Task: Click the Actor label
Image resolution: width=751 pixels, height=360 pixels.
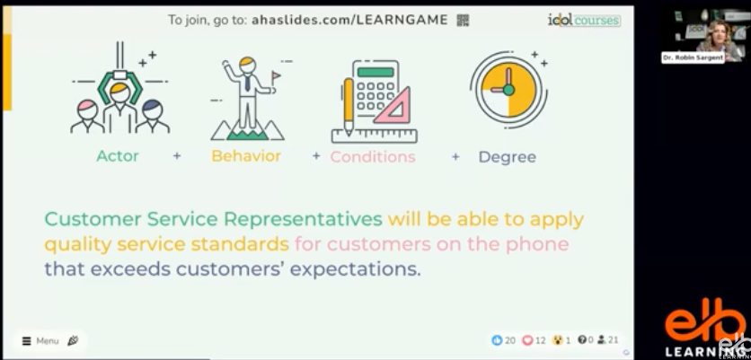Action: (x=118, y=156)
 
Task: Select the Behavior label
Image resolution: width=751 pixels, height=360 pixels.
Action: (x=246, y=156)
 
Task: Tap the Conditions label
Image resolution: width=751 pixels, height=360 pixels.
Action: (x=373, y=157)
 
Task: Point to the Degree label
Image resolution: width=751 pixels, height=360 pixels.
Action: (x=507, y=157)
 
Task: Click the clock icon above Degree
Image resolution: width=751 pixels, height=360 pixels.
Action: (x=508, y=90)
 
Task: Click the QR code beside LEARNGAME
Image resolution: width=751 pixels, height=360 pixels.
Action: (x=463, y=20)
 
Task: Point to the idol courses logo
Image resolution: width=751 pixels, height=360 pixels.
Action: (x=583, y=20)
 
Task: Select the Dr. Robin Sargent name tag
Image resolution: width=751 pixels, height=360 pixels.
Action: (x=693, y=57)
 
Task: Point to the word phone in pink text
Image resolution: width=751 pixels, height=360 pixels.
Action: (x=543, y=243)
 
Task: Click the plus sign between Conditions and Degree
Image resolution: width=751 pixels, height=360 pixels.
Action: (x=455, y=156)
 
